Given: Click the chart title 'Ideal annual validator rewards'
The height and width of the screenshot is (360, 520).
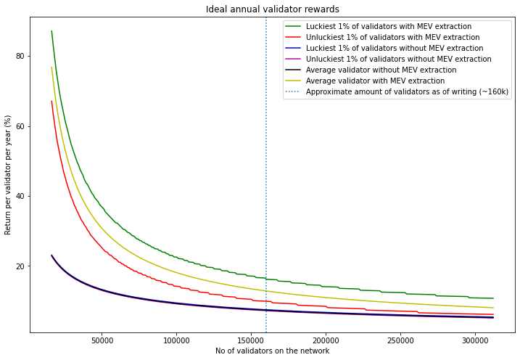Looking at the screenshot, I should (x=272, y=9).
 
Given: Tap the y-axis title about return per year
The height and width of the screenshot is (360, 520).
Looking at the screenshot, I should (x=9, y=174).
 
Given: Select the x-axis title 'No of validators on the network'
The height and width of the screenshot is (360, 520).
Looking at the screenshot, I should (x=272, y=351).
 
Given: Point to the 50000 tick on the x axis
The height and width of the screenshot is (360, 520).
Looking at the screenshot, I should (x=102, y=340).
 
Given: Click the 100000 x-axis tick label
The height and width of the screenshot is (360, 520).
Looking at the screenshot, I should (x=176, y=340).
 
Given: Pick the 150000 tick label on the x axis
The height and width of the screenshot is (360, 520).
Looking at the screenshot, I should (x=251, y=340).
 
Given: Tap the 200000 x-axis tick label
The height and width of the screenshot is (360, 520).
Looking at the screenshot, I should (x=326, y=340).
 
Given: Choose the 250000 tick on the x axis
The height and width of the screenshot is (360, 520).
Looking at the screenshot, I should (x=400, y=340).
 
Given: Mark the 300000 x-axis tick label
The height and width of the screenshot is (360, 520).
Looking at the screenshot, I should (x=475, y=340).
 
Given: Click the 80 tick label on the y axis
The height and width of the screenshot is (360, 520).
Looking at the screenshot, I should (x=20, y=56).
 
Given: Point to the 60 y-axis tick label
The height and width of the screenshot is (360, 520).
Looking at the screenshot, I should (x=20, y=126).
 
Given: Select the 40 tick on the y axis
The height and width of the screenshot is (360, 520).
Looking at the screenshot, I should (x=20, y=196).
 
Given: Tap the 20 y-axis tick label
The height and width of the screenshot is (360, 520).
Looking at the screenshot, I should (x=20, y=266).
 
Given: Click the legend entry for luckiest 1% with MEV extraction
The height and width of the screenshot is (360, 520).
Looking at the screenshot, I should (x=388, y=27).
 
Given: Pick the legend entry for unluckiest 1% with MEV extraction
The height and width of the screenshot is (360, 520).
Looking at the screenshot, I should (x=392, y=38).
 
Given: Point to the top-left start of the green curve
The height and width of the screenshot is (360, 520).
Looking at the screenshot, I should (x=51, y=31).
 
